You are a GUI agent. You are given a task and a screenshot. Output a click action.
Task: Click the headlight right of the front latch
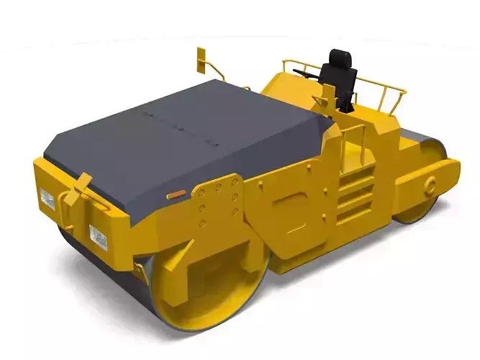(x=98, y=237)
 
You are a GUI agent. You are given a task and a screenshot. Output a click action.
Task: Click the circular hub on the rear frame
(x=430, y=185)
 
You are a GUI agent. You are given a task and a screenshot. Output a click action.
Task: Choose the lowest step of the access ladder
(x=357, y=210)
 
